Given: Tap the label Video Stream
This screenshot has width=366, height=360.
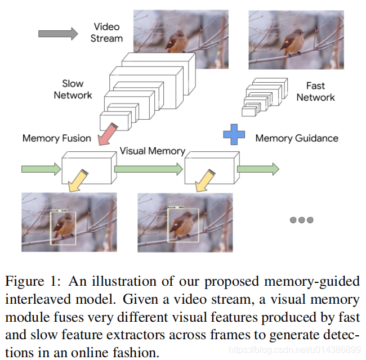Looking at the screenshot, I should [106, 33].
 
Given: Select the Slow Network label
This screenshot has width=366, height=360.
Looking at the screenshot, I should [73, 89].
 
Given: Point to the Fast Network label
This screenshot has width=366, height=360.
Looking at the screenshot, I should [315, 91].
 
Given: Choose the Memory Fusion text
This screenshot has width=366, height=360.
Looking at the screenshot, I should [57, 138].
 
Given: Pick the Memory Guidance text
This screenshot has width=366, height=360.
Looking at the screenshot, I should [297, 138].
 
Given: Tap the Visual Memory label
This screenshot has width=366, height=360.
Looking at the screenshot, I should [152, 151].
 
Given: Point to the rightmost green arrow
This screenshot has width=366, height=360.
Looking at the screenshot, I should [258, 168].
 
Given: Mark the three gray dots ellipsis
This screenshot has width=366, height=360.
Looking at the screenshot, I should [301, 220].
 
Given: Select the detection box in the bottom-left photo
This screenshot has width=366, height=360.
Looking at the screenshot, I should [63, 228].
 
